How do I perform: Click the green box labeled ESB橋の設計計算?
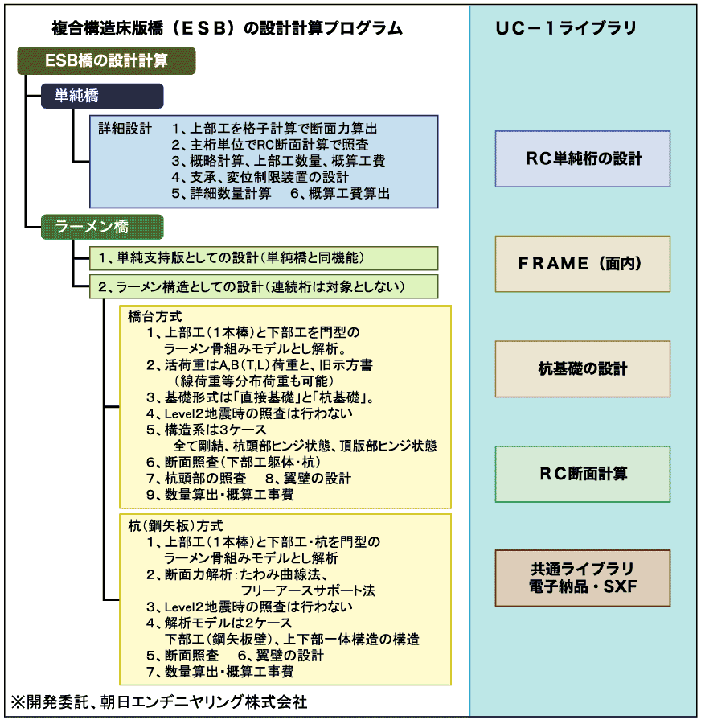pos(105,61)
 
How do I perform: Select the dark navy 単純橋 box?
pos(103,97)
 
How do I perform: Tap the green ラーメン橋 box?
pos(103,228)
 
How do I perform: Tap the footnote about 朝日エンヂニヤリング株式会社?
pos(159,701)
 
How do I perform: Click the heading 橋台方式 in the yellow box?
pos(155,316)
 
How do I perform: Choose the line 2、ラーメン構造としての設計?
pos(251,286)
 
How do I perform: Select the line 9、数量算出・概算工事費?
pos(219,494)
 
